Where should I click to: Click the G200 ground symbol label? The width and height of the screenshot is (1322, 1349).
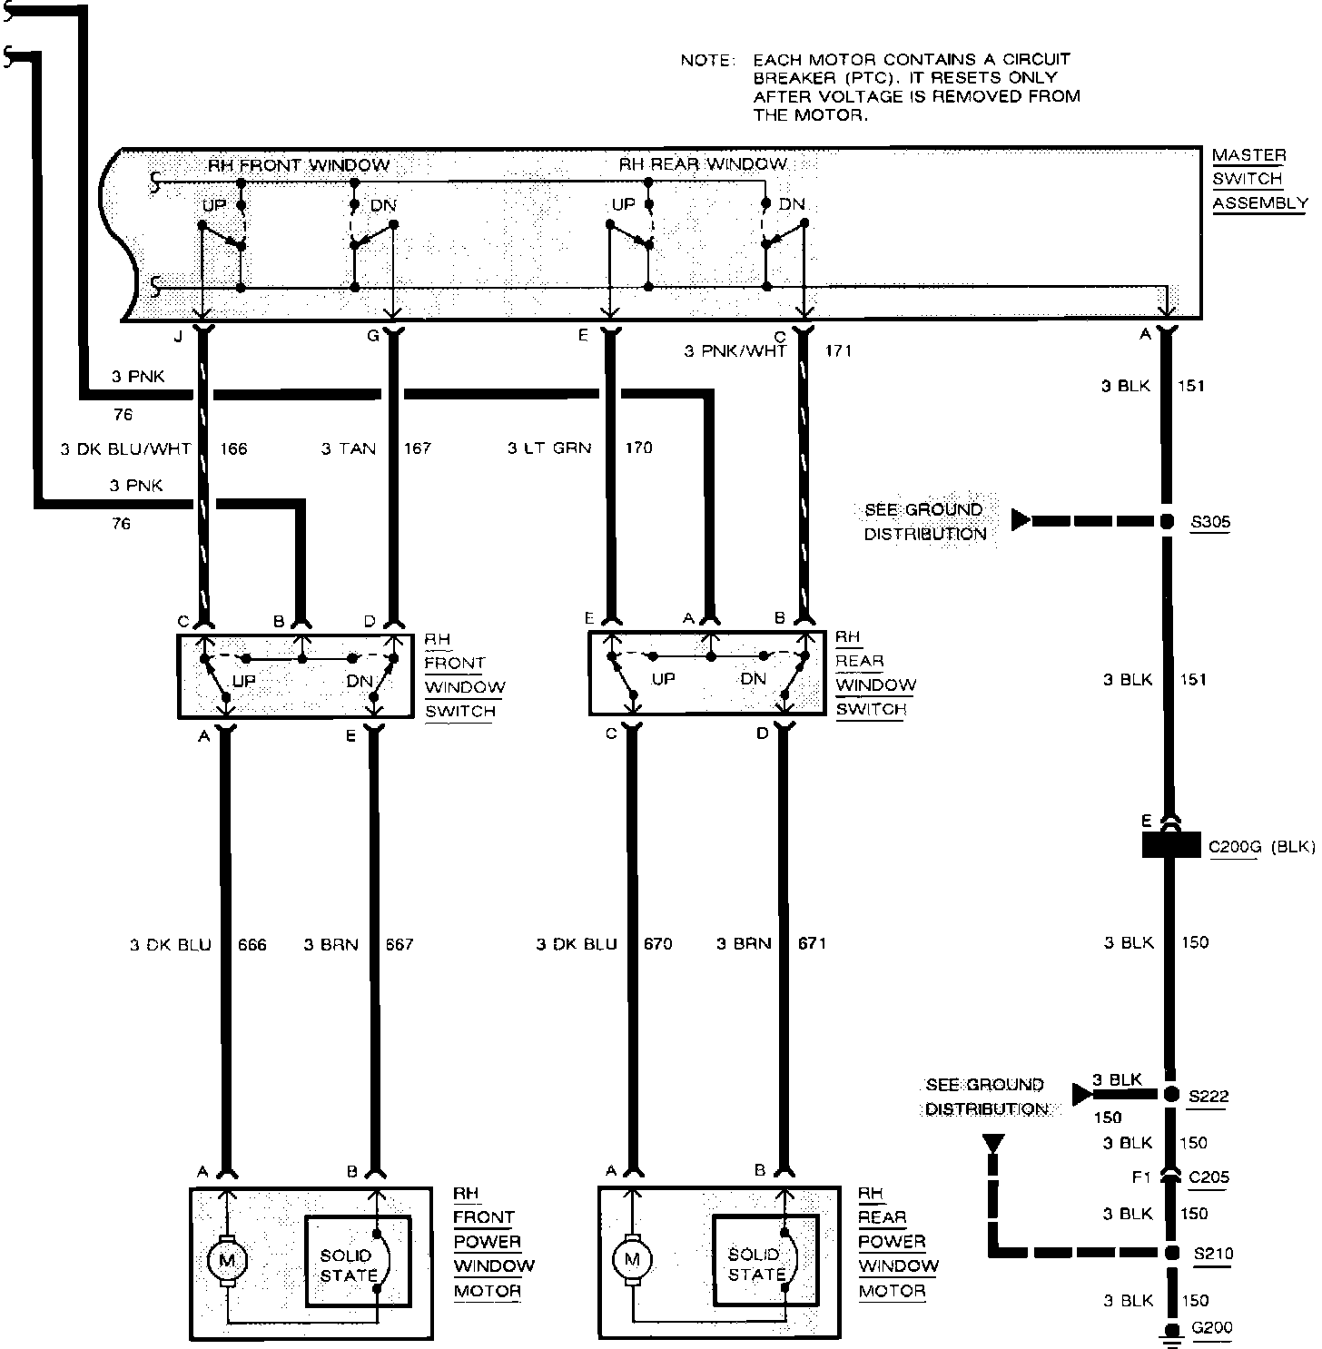[x=1211, y=1327]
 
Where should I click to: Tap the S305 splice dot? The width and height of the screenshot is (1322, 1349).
[x=1168, y=522]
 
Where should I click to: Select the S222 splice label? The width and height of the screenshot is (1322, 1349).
[x=1209, y=1096]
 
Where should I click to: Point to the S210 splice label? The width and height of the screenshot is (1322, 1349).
[x=1213, y=1254]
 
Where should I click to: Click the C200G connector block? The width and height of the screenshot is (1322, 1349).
[x=1170, y=847]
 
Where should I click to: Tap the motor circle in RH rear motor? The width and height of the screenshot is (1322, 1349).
[x=631, y=1259]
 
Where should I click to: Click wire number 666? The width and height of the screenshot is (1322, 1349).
[x=252, y=945]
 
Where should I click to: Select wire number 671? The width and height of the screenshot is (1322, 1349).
[x=811, y=943]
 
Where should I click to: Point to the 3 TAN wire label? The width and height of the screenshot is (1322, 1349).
[x=349, y=448]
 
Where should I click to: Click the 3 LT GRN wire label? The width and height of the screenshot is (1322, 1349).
[x=549, y=448]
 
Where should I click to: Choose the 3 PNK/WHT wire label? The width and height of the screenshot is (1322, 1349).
[x=735, y=350]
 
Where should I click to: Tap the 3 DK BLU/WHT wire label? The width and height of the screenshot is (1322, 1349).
[x=126, y=448]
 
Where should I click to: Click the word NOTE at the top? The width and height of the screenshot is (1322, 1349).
[x=705, y=60]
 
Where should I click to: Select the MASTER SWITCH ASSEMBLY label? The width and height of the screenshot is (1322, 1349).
[x=1259, y=179]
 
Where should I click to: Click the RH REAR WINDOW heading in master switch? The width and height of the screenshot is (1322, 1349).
[x=702, y=164]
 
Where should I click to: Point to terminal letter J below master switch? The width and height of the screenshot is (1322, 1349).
[x=178, y=337]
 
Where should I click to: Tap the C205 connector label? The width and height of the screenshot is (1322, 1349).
[x=1209, y=1177]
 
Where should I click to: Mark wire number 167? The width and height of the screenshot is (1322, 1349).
[x=417, y=448]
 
